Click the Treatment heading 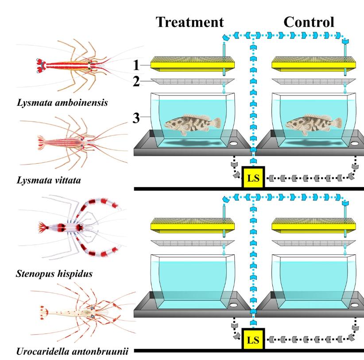[x=190, y=22]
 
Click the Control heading [x=309, y=22]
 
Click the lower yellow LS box [x=253, y=340]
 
